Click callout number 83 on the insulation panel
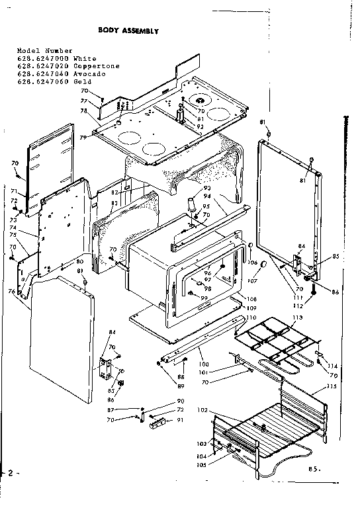[x=114, y=204]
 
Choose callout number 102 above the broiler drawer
[x=204, y=410]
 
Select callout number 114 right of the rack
[x=332, y=366]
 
